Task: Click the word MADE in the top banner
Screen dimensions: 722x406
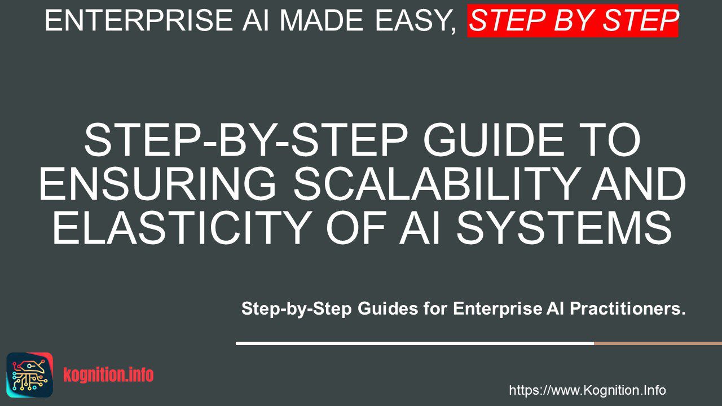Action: point(322,20)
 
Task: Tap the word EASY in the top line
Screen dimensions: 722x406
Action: point(416,21)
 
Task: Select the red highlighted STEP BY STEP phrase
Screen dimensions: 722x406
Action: point(573,21)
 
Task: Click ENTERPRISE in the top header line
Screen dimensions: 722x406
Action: point(139,20)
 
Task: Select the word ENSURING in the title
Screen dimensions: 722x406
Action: point(157,184)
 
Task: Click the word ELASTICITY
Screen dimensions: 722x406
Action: point(182,228)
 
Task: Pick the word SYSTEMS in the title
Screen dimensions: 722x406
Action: point(565,228)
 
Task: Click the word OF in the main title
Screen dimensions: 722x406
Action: point(356,228)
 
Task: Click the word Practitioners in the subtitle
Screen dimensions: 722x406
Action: point(627,308)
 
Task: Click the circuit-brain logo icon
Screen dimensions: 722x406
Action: point(30,375)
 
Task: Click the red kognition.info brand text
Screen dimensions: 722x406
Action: point(108,375)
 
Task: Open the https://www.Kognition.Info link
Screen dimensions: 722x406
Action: point(587,390)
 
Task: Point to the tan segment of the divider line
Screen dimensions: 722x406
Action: point(658,343)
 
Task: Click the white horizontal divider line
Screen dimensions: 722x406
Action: point(415,343)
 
